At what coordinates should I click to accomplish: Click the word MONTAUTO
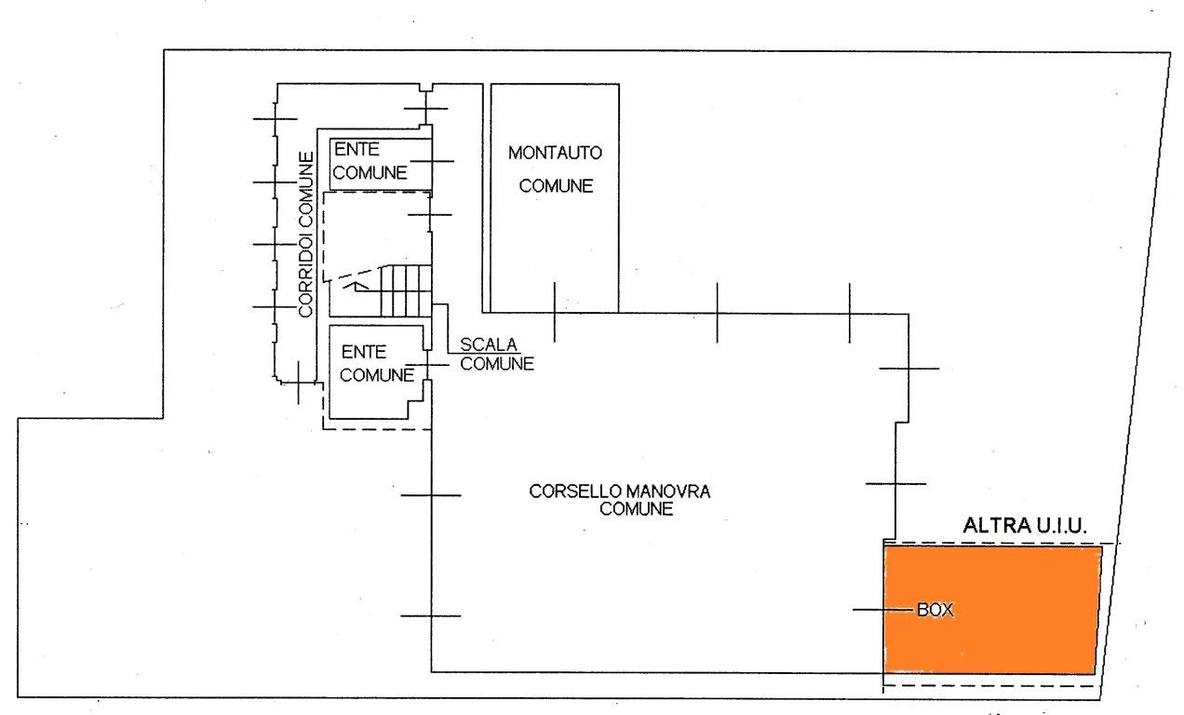(556, 151)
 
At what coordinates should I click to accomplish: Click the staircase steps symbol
(403, 290)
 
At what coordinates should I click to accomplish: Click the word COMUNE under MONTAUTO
(557, 185)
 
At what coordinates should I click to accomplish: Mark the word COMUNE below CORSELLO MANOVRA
(637, 508)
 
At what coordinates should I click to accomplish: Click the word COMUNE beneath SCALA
(497, 364)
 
